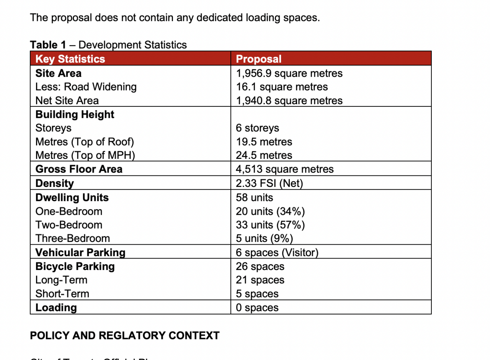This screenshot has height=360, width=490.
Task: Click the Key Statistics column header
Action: click(70, 59)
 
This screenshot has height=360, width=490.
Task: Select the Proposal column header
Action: click(259, 59)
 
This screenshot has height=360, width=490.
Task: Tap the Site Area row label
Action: click(58, 73)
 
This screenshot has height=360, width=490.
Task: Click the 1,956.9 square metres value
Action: click(289, 73)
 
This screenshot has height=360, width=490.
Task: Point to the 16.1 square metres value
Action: click(282, 87)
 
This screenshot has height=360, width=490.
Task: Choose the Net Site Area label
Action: click(67, 101)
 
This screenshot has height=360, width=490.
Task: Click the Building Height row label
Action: click(75, 115)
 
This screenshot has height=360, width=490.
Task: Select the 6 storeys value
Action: click(257, 128)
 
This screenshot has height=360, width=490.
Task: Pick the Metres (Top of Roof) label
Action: click(85, 142)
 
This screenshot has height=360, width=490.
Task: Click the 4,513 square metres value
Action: click(284, 169)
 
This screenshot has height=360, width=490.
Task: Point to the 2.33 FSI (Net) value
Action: click(269, 183)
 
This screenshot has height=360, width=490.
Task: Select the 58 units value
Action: click(255, 198)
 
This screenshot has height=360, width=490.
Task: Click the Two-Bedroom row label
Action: click(69, 225)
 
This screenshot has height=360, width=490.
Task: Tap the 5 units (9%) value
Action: click(264, 238)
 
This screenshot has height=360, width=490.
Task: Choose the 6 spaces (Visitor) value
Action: click(277, 253)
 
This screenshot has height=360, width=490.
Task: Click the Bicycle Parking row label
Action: click(75, 266)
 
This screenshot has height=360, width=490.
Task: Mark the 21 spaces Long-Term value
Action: click(260, 280)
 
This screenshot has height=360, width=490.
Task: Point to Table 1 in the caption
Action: click(48, 45)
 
